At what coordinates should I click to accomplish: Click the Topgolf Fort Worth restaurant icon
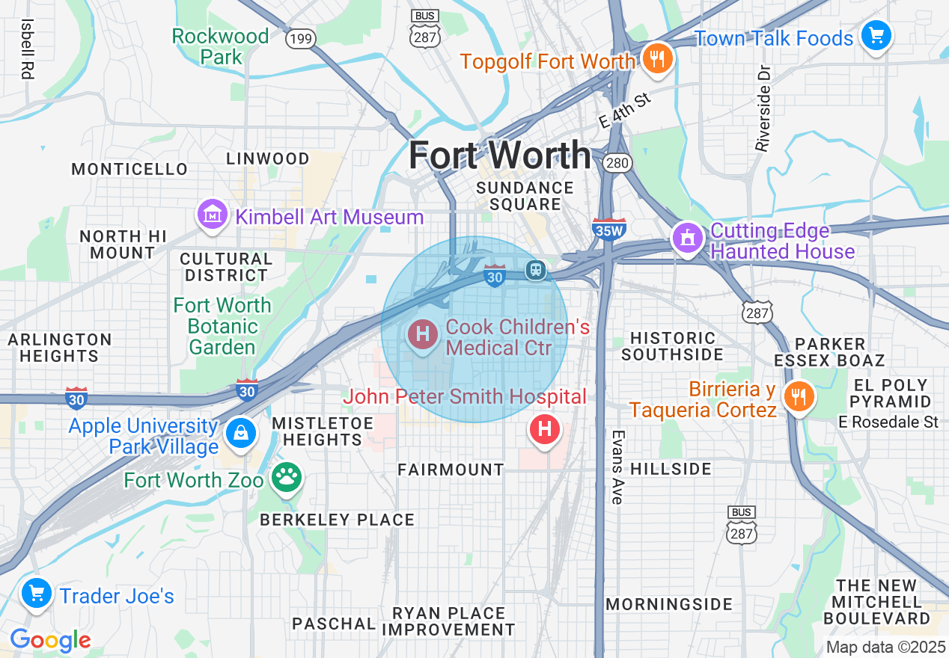(x=657, y=58)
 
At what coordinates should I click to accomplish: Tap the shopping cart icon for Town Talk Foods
(x=876, y=35)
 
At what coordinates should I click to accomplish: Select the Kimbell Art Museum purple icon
(x=213, y=215)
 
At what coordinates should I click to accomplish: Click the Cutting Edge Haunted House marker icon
(x=687, y=238)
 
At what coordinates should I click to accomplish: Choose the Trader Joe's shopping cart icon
(x=36, y=594)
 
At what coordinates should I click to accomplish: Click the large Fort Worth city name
(x=499, y=156)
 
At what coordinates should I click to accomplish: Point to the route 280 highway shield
(x=620, y=163)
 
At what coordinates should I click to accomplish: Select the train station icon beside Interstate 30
(x=535, y=270)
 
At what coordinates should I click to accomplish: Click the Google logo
(x=50, y=640)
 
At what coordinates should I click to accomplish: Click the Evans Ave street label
(x=617, y=467)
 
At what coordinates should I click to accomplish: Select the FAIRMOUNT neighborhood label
(x=451, y=470)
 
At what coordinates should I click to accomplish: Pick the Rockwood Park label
(x=220, y=46)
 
